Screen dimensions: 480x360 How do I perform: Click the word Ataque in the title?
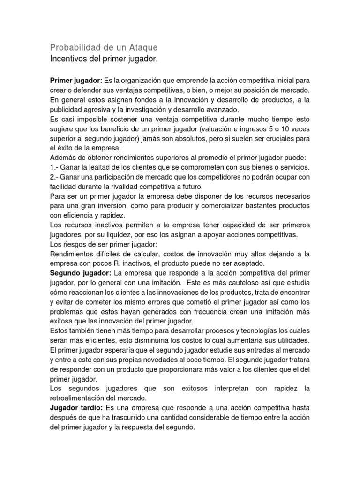click(x=142, y=47)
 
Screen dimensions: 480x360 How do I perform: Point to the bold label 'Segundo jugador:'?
click(x=80, y=273)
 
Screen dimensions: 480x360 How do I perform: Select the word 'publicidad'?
click(x=66, y=109)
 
